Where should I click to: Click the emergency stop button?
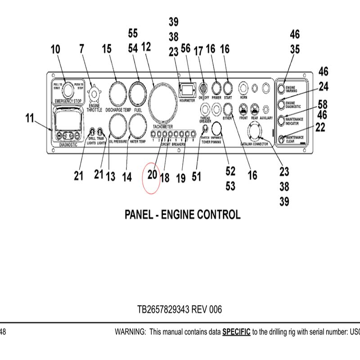(68, 90)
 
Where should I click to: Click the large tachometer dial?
(163, 102)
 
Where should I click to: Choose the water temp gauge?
(138, 126)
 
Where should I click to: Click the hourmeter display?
(186, 90)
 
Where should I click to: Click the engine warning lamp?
(281, 88)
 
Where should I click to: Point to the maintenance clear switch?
(282, 139)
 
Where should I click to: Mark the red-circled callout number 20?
(152, 174)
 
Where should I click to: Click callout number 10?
(55, 49)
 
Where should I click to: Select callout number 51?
(196, 177)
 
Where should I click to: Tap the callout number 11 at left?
(29, 119)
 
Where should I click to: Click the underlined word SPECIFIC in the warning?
(236, 332)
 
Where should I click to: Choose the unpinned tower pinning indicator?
(217, 128)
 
